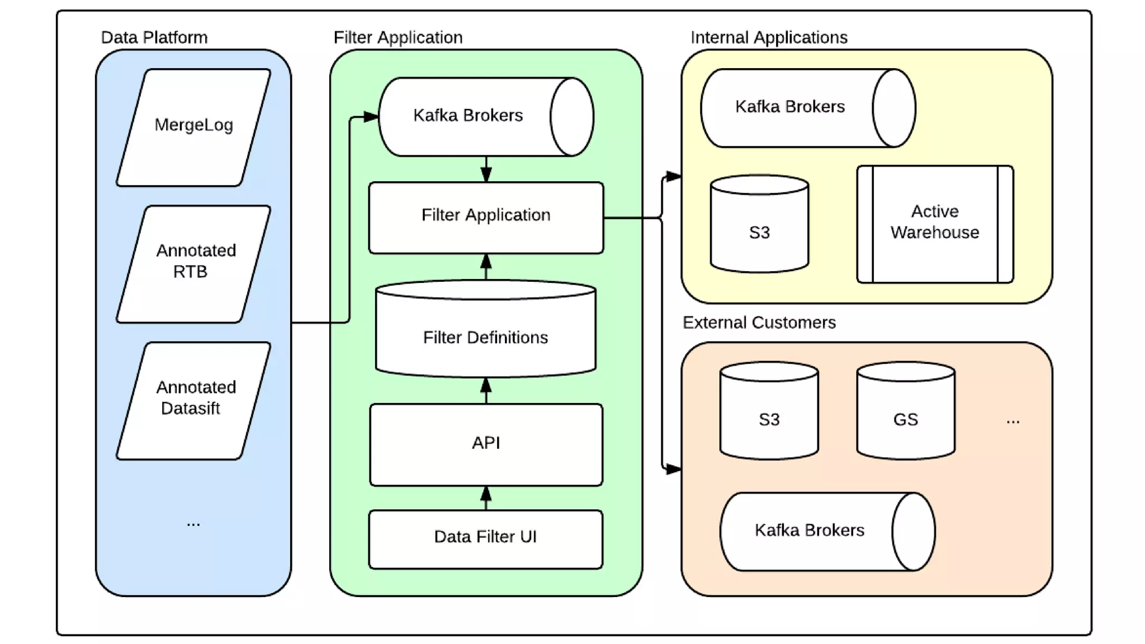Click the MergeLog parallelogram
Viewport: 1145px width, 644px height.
click(193, 127)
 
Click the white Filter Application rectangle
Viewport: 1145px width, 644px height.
click(485, 217)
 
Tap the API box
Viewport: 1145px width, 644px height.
click(485, 444)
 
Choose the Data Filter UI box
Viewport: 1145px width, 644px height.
click(485, 538)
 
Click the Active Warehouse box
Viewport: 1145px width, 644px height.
click(934, 224)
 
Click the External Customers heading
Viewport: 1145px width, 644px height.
click(759, 323)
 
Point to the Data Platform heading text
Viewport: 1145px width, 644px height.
click(154, 37)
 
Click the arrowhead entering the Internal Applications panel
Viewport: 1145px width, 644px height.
click(674, 177)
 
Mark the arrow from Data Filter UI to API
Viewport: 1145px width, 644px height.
click(486, 498)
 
